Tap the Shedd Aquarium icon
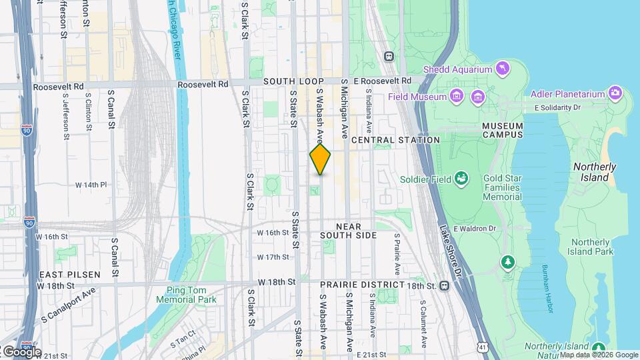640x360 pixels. click(503, 69)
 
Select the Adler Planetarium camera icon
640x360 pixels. click(615, 94)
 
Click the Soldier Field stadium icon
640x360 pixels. click(461, 179)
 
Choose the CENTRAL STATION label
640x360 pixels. click(395, 140)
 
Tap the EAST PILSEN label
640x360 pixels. click(69, 275)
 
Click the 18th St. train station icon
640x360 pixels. click(444, 285)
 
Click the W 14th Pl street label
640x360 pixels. click(91, 184)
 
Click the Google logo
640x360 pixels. click(22, 351)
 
